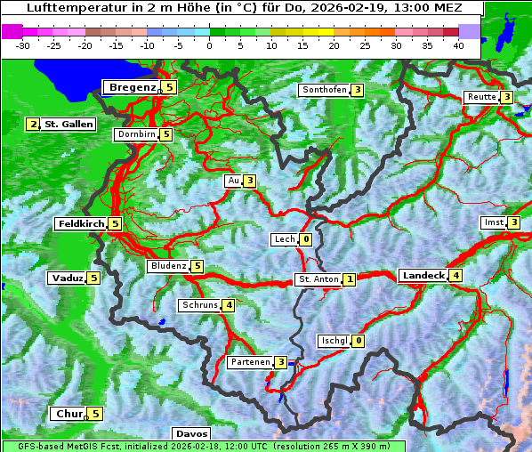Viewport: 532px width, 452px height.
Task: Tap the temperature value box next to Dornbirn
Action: click(x=166, y=134)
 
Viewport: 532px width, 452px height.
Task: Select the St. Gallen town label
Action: click(x=69, y=125)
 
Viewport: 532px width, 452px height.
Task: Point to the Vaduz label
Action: click(x=68, y=278)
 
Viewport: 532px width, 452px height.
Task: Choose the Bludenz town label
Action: click(x=168, y=266)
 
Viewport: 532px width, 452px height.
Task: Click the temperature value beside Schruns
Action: click(x=229, y=305)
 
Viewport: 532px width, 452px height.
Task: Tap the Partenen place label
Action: click(x=249, y=362)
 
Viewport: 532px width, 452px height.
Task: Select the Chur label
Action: click(x=69, y=414)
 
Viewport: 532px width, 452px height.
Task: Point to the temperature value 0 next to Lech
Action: click(x=306, y=239)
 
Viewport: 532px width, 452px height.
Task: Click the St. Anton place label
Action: click(x=318, y=279)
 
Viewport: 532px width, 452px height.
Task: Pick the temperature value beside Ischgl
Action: click(x=358, y=341)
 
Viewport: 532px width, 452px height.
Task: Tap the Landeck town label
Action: click(x=423, y=276)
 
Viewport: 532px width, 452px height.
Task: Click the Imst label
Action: click(x=492, y=222)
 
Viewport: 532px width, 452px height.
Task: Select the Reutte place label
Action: click(x=481, y=97)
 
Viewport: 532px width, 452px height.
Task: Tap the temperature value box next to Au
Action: click(x=250, y=181)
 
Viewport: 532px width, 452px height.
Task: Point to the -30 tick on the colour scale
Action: click(x=24, y=45)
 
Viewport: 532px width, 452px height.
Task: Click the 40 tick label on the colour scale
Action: click(x=458, y=45)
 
